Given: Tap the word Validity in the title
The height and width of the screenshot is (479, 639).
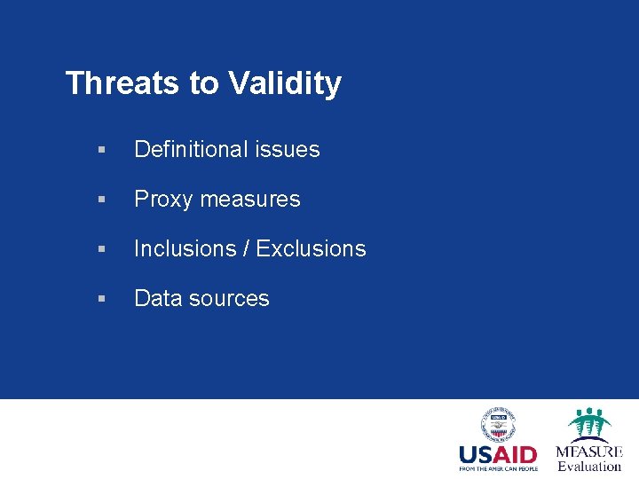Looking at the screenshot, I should (284, 83).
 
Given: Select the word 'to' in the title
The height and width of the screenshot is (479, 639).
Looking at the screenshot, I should (203, 83).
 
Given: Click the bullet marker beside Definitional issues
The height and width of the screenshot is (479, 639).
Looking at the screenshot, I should (104, 151).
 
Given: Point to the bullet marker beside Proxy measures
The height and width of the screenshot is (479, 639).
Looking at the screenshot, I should (104, 200).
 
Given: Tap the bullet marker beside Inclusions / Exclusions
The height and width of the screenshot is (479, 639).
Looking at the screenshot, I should (104, 250).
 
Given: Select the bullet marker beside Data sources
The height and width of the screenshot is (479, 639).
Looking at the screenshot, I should (104, 300).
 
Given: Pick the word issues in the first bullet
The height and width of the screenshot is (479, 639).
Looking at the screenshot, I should (288, 150).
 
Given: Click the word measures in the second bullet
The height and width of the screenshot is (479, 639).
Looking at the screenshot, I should (250, 200).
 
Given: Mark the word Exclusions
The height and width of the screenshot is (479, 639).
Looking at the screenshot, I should (311, 249).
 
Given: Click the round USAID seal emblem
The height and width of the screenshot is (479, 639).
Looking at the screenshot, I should (498, 424).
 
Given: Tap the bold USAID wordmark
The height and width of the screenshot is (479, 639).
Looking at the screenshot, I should (498, 455).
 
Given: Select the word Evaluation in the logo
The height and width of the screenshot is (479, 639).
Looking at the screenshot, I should (589, 466).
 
